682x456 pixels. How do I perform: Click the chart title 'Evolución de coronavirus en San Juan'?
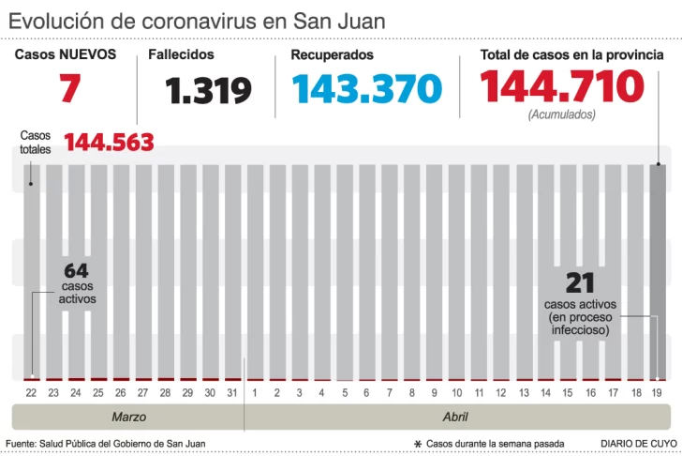click(x=196, y=20)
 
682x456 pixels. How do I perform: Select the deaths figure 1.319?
click(x=208, y=91)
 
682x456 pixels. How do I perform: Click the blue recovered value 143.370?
click(x=366, y=89)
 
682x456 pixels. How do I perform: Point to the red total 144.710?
click(x=561, y=87)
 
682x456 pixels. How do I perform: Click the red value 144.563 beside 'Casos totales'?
click(x=109, y=143)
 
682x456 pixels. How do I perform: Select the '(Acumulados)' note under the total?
click(x=561, y=114)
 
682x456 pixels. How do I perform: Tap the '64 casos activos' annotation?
click(x=77, y=282)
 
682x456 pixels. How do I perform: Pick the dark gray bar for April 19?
click(x=659, y=271)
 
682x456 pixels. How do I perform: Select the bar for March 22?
click(x=32, y=271)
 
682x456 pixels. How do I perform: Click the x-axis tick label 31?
click(x=233, y=392)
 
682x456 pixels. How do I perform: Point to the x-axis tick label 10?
click(x=457, y=392)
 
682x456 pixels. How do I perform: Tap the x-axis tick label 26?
click(x=121, y=392)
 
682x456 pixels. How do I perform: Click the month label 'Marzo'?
click(x=128, y=417)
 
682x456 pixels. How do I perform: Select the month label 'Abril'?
click(x=455, y=417)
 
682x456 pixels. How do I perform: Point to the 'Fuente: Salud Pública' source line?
click(x=105, y=443)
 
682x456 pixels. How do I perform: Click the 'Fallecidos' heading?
click(x=181, y=55)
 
